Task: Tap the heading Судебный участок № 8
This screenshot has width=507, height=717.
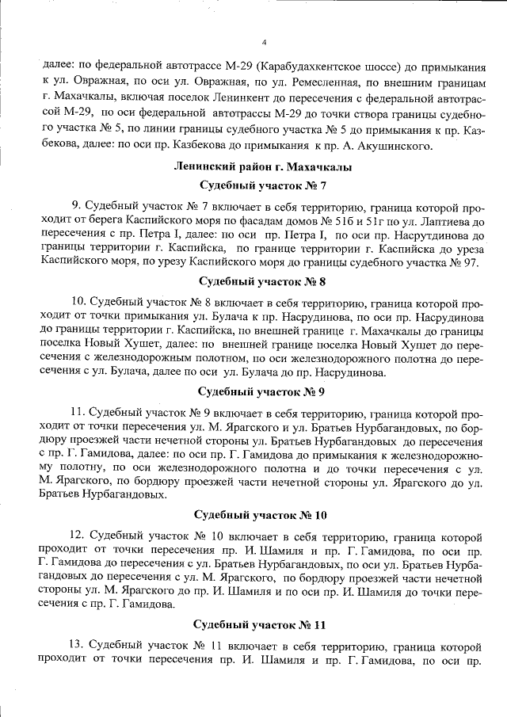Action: (263, 281)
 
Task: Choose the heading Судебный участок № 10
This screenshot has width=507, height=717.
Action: (263, 515)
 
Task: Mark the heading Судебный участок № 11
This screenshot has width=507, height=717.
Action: (263, 624)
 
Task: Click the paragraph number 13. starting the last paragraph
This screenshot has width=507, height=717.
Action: (78, 644)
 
